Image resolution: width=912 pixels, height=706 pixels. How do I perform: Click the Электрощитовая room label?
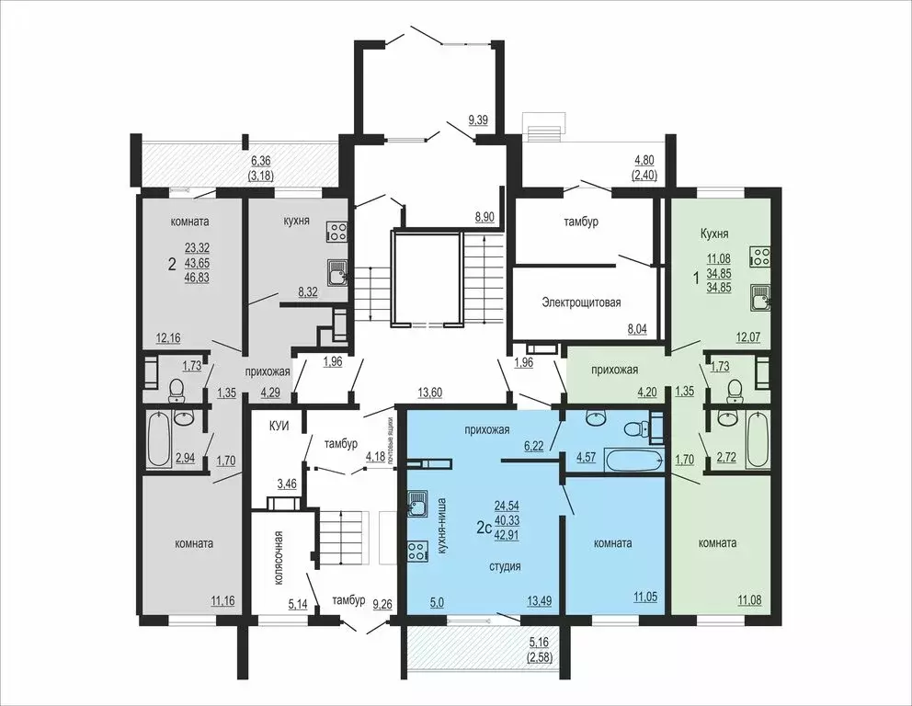point(581,302)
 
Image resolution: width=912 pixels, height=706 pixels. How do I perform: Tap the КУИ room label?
point(279,426)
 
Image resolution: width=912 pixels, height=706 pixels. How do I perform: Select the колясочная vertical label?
point(279,557)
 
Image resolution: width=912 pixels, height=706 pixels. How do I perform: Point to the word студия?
point(505,566)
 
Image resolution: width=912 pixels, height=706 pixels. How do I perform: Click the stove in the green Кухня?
point(761,257)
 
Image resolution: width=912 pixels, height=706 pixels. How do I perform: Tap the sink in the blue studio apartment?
point(418,504)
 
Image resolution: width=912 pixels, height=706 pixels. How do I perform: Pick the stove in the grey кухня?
point(337,232)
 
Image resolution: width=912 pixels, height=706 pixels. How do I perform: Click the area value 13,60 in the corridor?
point(430,393)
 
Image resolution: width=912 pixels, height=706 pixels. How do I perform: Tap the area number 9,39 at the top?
point(478,120)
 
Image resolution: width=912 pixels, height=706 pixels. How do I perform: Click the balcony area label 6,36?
point(260,161)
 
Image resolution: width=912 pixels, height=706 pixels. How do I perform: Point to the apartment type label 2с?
point(484,528)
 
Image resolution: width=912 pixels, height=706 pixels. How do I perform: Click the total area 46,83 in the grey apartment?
point(197,279)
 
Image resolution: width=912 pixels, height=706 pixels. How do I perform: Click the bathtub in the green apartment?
point(758,439)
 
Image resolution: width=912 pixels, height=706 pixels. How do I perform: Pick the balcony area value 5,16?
point(540,643)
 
